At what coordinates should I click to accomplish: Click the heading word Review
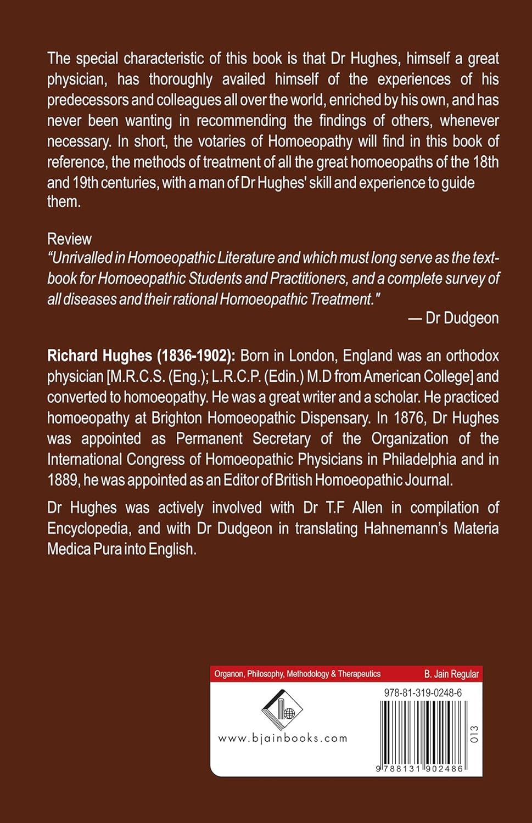[69, 239]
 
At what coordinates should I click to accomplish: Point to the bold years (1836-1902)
[196, 356]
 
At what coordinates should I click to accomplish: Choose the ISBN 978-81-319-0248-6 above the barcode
[423, 693]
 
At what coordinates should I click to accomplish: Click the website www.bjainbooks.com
[283, 739]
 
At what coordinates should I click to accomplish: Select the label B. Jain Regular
[451, 674]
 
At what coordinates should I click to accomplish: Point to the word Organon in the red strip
[228, 674]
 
